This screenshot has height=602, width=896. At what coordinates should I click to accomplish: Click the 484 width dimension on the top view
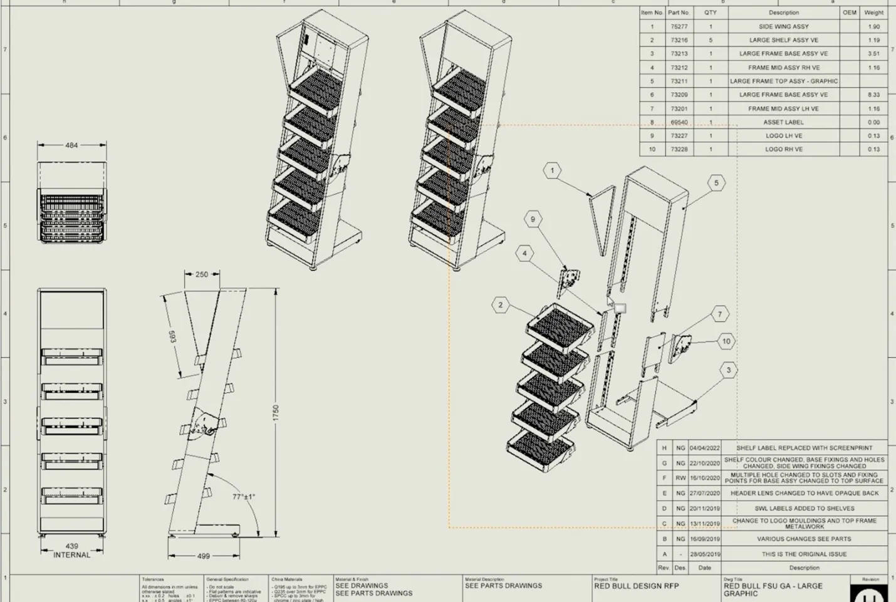tap(71, 145)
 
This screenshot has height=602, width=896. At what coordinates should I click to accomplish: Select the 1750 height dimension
tap(276, 412)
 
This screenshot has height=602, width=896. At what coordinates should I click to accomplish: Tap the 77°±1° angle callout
tap(244, 497)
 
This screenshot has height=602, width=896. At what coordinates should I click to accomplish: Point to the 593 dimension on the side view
tap(172, 336)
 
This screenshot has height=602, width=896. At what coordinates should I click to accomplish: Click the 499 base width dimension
tap(204, 556)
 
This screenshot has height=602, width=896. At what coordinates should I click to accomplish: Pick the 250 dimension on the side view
tap(202, 274)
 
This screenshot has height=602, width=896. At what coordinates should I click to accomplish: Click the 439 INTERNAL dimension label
tap(71, 551)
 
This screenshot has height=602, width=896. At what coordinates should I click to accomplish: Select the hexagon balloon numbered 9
tap(533, 219)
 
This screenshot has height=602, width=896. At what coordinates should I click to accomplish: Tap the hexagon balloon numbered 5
tap(716, 183)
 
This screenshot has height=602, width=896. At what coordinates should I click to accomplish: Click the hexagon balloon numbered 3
tap(728, 370)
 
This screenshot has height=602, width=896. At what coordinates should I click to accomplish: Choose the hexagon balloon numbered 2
tap(500, 305)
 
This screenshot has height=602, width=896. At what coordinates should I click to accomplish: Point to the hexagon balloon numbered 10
tap(726, 341)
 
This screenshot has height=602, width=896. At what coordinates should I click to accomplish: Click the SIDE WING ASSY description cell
tap(783, 27)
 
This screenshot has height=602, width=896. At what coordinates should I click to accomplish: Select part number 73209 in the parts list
tap(679, 95)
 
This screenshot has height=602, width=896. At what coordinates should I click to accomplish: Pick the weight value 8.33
tap(873, 95)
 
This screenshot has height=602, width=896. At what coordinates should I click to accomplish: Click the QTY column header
tap(710, 13)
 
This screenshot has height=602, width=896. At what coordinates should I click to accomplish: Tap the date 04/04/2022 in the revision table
tap(704, 449)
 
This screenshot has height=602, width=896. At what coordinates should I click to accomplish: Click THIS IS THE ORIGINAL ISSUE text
tap(804, 554)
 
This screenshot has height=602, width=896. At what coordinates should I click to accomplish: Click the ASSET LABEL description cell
tap(783, 122)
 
